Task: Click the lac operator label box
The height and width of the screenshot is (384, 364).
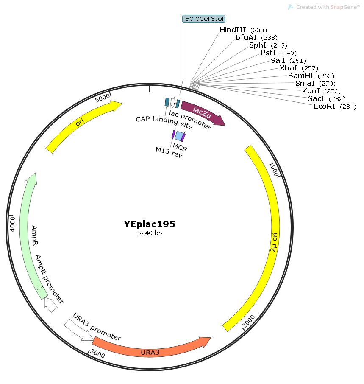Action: click(x=204, y=19)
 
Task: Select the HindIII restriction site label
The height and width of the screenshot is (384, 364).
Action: click(x=243, y=30)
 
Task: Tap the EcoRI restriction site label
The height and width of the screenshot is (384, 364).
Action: click(x=335, y=106)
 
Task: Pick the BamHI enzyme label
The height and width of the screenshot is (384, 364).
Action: click(x=311, y=76)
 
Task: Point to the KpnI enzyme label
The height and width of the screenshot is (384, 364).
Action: click(x=321, y=91)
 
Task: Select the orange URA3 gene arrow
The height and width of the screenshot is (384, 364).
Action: click(x=152, y=347)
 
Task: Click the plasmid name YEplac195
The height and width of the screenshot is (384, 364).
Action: click(x=150, y=224)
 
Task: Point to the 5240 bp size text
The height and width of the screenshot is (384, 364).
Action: click(x=150, y=233)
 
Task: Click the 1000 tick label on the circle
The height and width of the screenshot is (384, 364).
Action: click(x=274, y=169)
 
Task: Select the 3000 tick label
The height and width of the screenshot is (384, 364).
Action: click(x=97, y=353)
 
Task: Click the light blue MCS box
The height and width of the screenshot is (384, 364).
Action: click(x=179, y=136)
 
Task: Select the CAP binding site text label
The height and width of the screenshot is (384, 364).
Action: click(x=164, y=122)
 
